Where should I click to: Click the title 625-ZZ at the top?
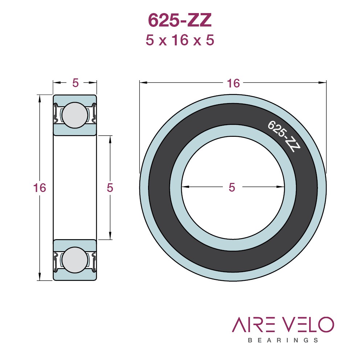(x=180, y=20)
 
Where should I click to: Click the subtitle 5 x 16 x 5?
(x=180, y=40)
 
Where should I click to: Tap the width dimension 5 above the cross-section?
(x=75, y=83)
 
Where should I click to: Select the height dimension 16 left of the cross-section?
(x=40, y=188)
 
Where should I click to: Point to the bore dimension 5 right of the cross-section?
(x=110, y=188)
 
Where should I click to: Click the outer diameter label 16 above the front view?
(x=233, y=83)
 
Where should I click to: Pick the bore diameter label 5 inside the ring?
(x=232, y=187)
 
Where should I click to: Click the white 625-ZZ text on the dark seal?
(x=284, y=136)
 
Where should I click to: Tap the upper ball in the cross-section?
(x=75, y=115)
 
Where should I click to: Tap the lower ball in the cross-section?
(x=75, y=260)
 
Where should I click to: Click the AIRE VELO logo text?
(x=283, y=324)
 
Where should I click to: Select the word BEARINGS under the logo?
(x=283, y=340)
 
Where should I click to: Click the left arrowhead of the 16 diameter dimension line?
(x=143, y=82)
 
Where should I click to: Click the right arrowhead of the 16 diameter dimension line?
(x=323, y=82)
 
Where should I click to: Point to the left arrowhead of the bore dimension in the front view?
(x=185, y=187)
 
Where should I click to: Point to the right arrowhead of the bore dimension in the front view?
(x=281, y=187)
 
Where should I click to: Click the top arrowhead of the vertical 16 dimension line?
(x=40, y=99)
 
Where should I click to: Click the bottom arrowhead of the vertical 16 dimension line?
(x=40, y=277)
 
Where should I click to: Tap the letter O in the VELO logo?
(x=326, y=324)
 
